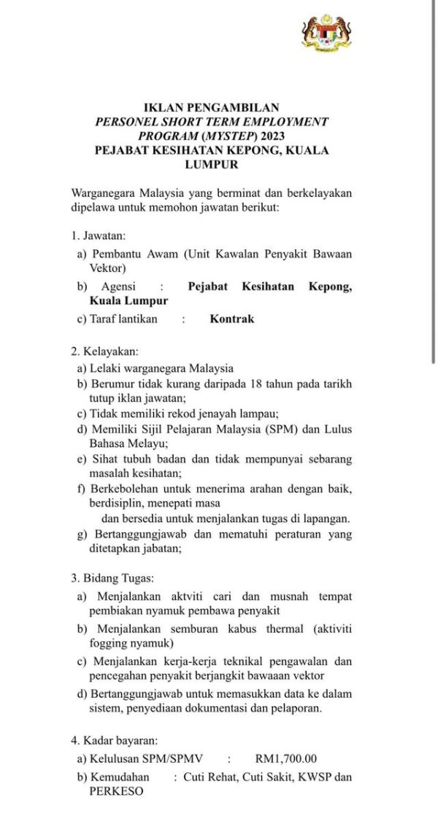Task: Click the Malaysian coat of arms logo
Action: (x=327, y=32)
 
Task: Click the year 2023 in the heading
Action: (x=270, y=136)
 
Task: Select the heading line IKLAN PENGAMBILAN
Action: (x=212, y=108)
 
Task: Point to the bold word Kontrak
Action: (x=232, y=319)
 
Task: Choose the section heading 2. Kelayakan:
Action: (x=105, y=351)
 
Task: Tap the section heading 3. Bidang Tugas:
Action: (x=112, y=578)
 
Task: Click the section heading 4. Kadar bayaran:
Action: (x=114, y=740)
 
